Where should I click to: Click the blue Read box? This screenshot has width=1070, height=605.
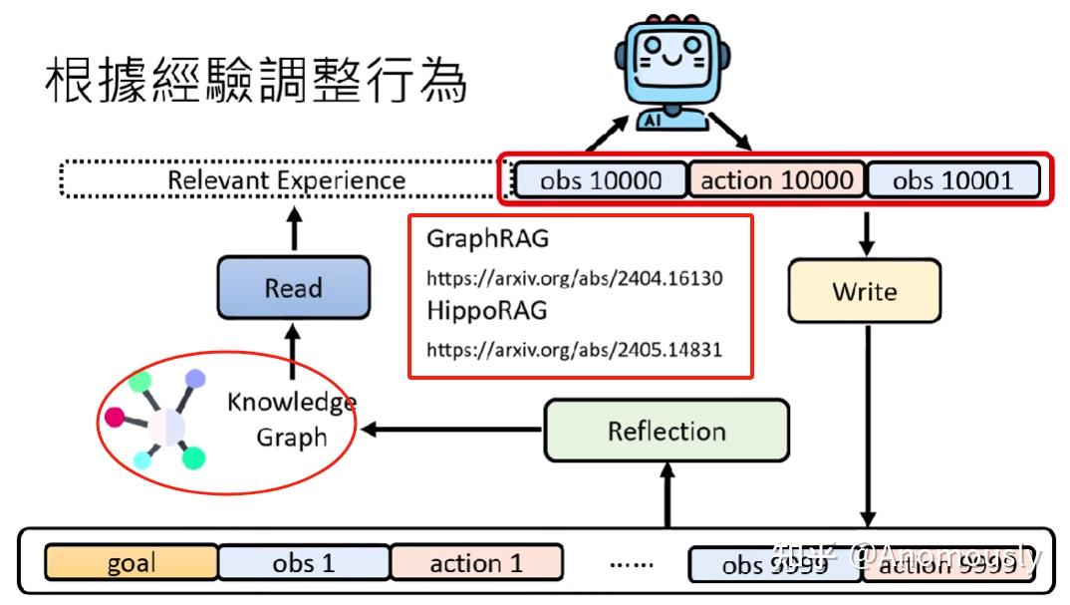(x=293, y=289)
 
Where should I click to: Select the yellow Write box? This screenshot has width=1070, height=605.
(x=864, y=291)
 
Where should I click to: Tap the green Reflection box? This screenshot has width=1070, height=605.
(x=667, y=432)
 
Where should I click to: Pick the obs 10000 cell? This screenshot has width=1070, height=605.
(x=601, y=180)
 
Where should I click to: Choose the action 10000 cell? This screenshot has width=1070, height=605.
(x=777, y=180)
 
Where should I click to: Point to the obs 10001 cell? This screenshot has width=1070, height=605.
(x=953, y=180)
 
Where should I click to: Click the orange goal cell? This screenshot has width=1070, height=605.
(x=131, y=563)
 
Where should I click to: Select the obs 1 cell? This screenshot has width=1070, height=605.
(x=304, y=563)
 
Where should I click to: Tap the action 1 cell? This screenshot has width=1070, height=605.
(x=476, y=563)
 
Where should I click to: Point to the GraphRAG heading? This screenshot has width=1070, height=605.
(x=487, y=240)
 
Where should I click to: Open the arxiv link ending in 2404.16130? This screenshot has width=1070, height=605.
(x=575, y=278)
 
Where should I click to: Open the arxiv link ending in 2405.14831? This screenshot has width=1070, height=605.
(x=575, y=349)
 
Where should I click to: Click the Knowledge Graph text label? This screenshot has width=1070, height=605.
(x=291, y=420)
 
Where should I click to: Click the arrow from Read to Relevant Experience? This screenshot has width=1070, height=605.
(x=294, y=229)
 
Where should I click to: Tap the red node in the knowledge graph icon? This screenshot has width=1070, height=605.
(x=117, y=416)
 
